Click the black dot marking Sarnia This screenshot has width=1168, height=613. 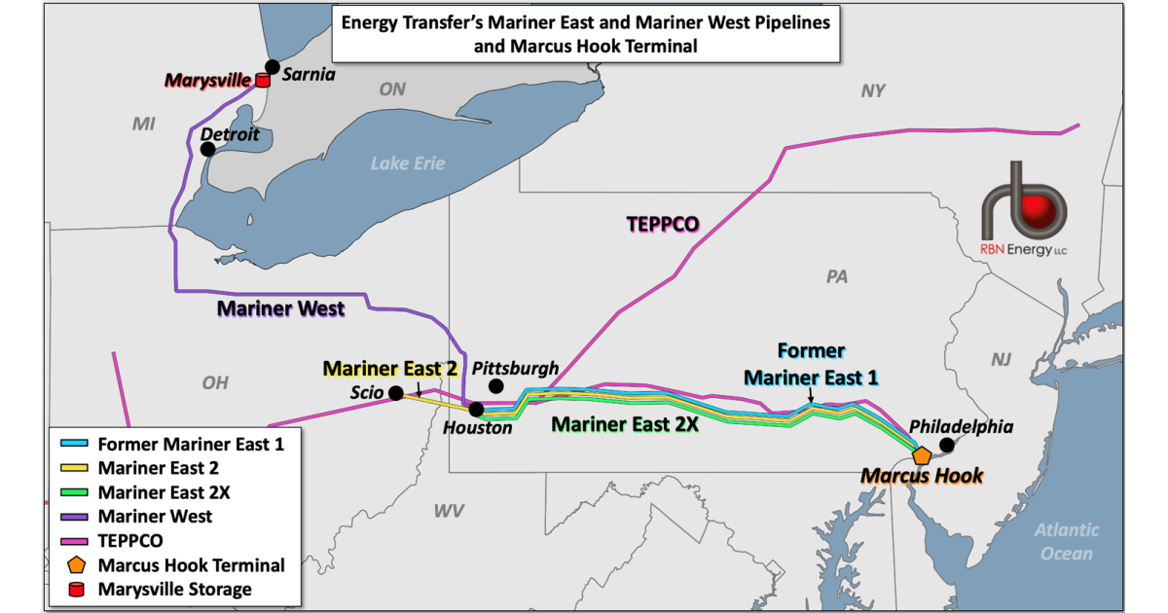pyautogui.click(x=273, y=67)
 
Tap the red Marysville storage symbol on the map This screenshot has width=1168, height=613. pyautogui.click(x=261, y=81)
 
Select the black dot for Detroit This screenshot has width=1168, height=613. pyautogui.click(x=207, y=149)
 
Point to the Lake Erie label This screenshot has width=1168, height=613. pyautogui.click(x=407, y=162)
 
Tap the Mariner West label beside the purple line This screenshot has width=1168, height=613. pyautogui.click(x=280, y=309)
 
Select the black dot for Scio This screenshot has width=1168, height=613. pyautogui.click(x=396, y=393)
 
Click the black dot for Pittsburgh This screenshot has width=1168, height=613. pyautogui.click(x=496, y=386)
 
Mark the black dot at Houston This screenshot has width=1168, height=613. pyautogui.click(x=476, y=410)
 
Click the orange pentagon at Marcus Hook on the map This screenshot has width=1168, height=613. pyautogui.click(x=922, y=454)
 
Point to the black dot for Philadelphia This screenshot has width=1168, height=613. pyautogui.click(x=945, y=446)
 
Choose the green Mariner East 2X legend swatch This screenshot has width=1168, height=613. pyautogui.click(x=75, y=492)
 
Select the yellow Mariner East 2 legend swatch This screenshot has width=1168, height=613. pyautogui.click(x=75, y=468)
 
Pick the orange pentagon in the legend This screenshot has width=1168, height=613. pyautogui.click(x=75, y=564)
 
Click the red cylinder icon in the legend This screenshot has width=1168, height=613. pyautogui.click(x=75, y=589)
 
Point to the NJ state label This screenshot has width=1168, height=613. pyautogui.click(x=1002, y=360)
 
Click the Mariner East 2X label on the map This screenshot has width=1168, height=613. pyautogui.click(x=625, y=424)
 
